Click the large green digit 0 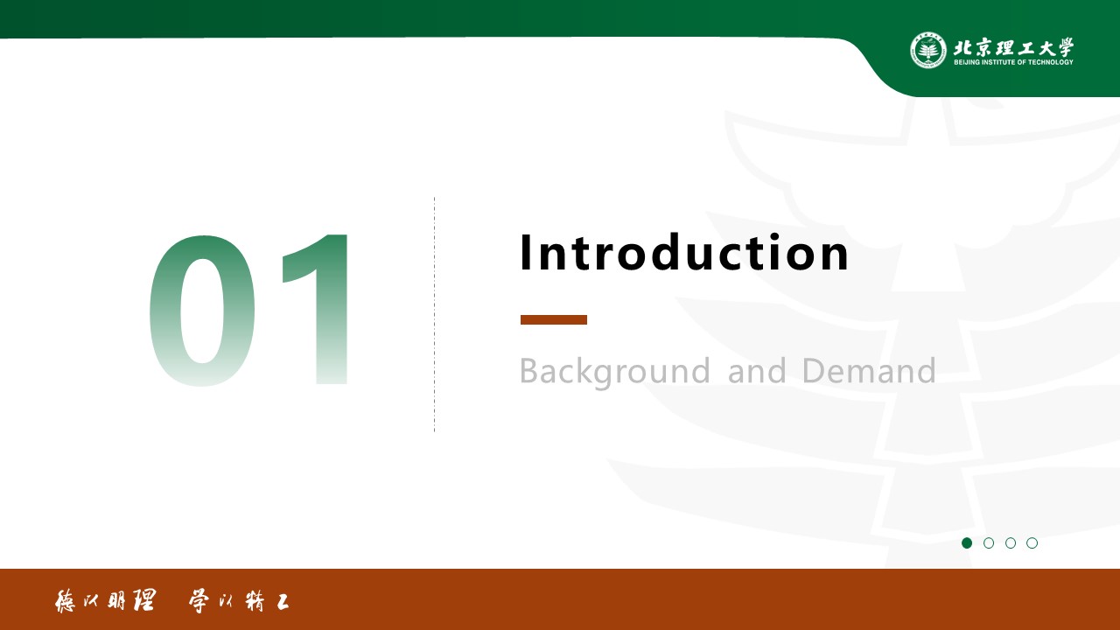pyautogui.click(x=202, y=310)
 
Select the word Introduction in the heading pyautogui.click(x=684, y=252)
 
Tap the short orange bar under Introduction pyautogui.click(x=554, y=319)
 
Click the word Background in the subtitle pyautogui.click(x=614, y=371)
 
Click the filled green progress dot pyautogui.click(x=967, y=543)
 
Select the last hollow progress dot pyautogui.click(x=1032, y=543)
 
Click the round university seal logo pyautogui.click(x=928, y=50)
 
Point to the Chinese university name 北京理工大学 pyautogui.click(x=1013, y=47)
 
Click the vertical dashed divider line pyautogui.click(x=435, y=314)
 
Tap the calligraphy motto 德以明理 pyautogui.click(x=106, y=600)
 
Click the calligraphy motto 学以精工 pyautogui.click(x=239, y=601)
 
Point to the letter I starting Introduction pyautogui.click(x=525, y=252)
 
